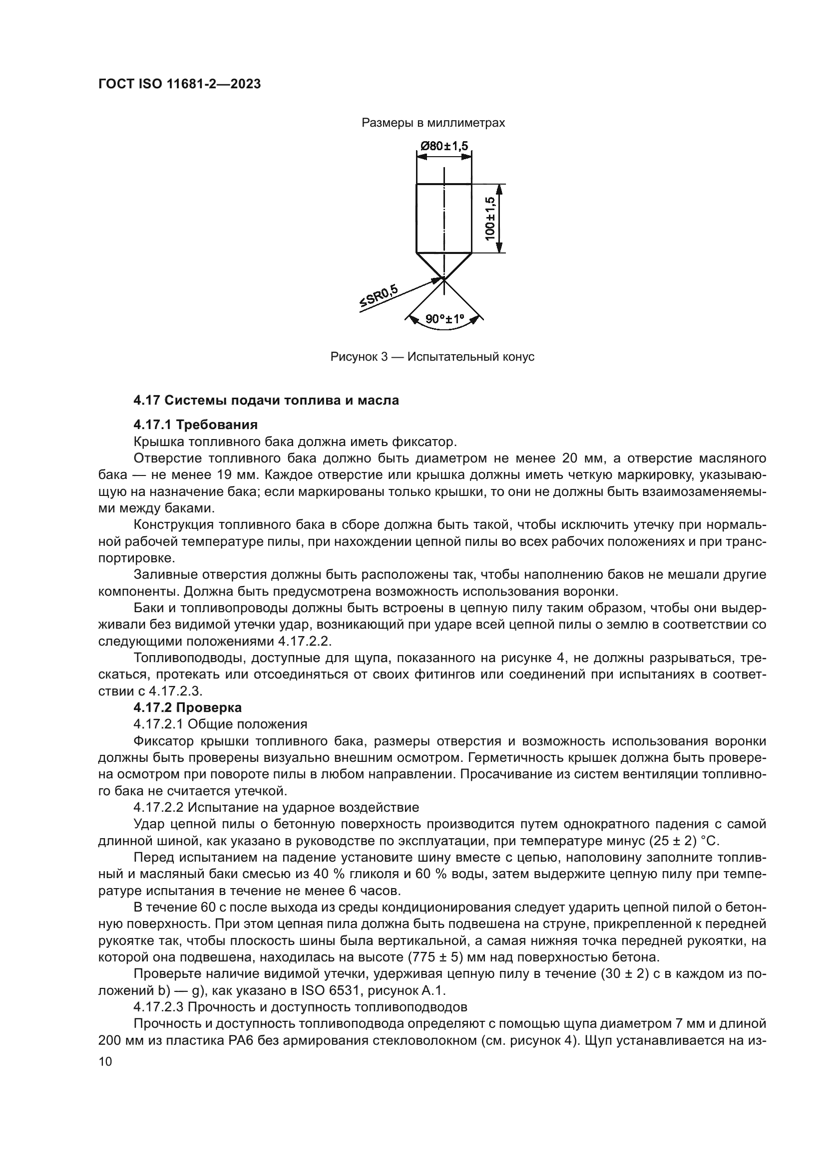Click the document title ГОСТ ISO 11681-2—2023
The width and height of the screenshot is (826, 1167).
pos(179,84)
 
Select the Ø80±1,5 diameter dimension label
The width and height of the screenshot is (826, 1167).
pos(443,146)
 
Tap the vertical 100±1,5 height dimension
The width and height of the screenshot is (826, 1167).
pos(491,219)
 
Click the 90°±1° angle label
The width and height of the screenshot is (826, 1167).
pos(445,319)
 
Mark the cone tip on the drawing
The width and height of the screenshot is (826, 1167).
pos(444,278)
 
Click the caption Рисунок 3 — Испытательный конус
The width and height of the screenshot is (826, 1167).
pos(432,357)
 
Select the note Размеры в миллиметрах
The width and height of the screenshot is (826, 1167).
pos(433,123)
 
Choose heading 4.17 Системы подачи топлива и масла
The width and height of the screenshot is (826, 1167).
pos(266,400)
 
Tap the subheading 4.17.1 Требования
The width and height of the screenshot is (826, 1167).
pos(195,424)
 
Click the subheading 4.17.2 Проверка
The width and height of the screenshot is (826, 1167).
pos(187,707)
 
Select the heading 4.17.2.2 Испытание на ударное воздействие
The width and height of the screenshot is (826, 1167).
pos(276,807)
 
